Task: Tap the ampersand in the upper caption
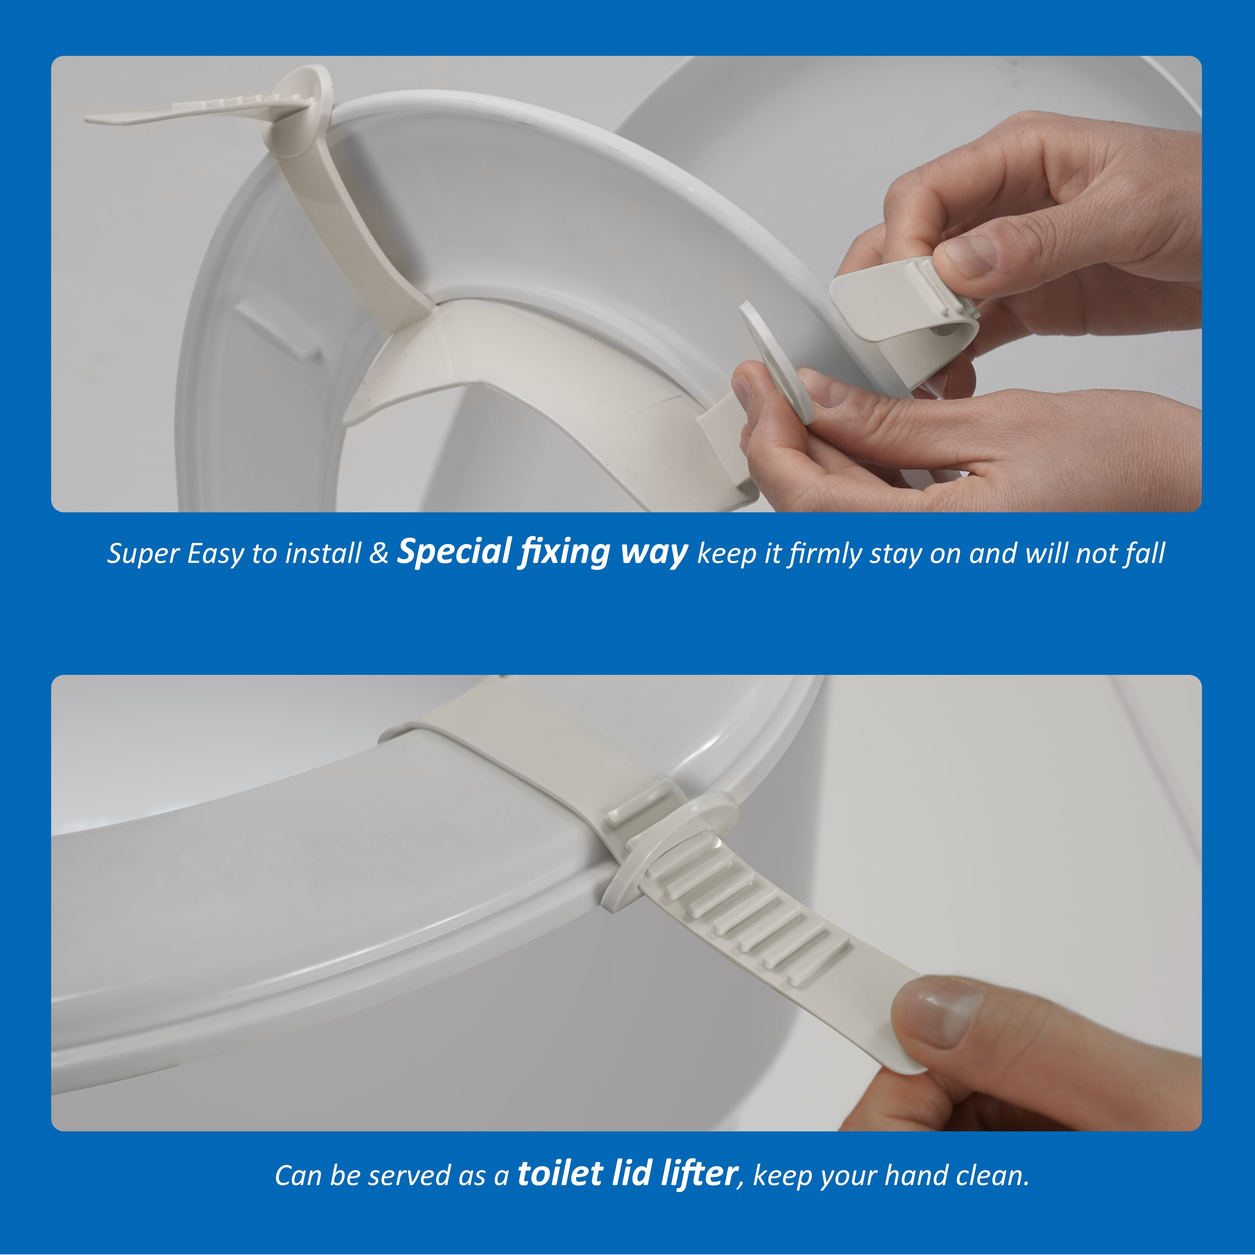click(x=379, y=553)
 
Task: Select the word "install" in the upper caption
click(x=323, y=553)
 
